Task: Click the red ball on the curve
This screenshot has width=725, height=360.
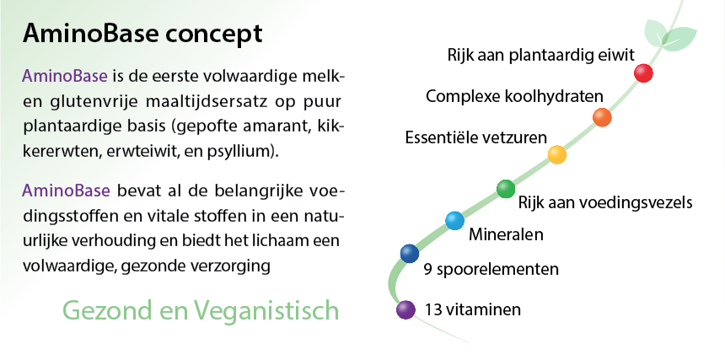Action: click(643, 73)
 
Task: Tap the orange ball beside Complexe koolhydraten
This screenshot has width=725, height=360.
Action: click(602, 117)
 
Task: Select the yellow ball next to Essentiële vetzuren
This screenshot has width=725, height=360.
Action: click(557, 154)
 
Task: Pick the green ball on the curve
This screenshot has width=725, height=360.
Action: click(506, 189)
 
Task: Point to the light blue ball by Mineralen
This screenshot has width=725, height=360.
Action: click(454, 221)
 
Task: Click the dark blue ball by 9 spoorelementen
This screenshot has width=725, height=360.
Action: click(410, 253)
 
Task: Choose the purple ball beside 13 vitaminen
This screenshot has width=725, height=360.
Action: click(405, 309)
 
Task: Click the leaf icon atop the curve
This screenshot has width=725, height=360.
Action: click(669, 33)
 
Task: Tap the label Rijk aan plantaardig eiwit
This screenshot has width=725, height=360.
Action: click(541, 56)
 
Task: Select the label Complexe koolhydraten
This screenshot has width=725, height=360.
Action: click(514, 97)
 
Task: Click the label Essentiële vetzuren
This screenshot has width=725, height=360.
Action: click(476, 137)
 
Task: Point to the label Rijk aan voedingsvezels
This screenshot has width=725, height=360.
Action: click(605, 202)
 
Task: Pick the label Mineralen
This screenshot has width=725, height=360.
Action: click(506, 234)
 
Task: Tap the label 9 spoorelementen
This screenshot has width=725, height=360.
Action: click(491, 269)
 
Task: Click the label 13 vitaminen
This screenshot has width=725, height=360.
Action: click(473, 309)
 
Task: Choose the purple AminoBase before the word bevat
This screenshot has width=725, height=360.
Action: click(66, 190)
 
